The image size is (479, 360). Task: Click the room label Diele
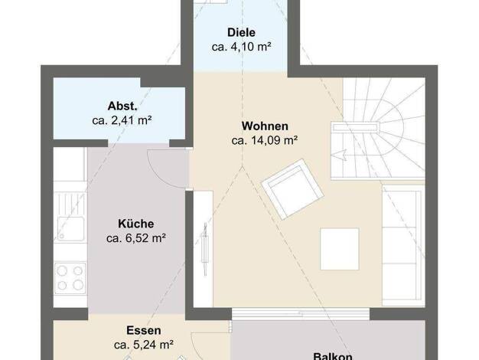click(241, 32)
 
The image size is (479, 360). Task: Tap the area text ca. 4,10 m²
click(241, 47)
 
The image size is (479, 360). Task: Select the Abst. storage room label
click(122, 106)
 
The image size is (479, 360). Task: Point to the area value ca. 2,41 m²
click(122, 120)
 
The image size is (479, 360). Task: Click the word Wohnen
click(265, 126)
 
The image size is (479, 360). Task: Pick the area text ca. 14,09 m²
click(265, 140)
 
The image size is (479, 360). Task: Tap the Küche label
click(136, 224)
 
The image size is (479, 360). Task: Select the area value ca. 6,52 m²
click(136, 238)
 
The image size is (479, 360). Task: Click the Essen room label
click(144, 330)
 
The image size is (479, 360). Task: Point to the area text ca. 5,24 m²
click(144, 345)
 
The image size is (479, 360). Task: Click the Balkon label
click(333, 356)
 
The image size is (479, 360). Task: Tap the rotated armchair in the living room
click(292, 189)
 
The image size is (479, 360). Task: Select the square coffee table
click(340, 249)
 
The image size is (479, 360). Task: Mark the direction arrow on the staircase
click(338, 155)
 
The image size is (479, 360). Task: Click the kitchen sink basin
click(70, 229)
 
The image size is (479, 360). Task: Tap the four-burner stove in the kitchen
click(70, 277)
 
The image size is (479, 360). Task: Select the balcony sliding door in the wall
click(301, 314)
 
